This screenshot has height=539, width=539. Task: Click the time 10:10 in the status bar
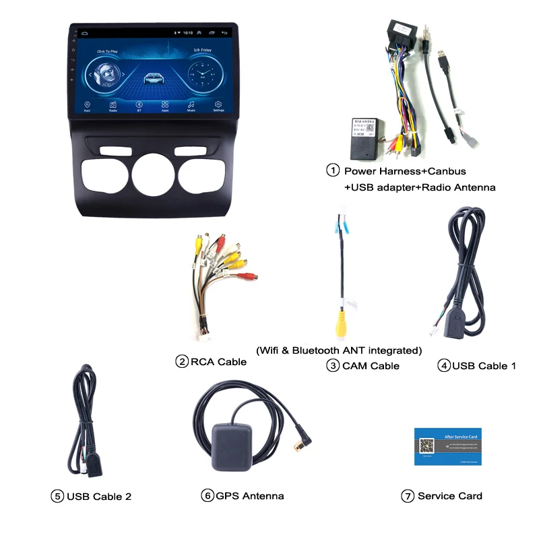pos(188,32)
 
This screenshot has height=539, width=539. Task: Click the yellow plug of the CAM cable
pos(342,321)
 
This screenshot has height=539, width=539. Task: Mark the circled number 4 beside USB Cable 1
pos(443,366)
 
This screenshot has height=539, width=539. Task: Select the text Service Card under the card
pos(449,496)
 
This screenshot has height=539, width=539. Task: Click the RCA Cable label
pos(218,362)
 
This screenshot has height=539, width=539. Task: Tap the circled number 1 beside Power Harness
pos(333,170)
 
